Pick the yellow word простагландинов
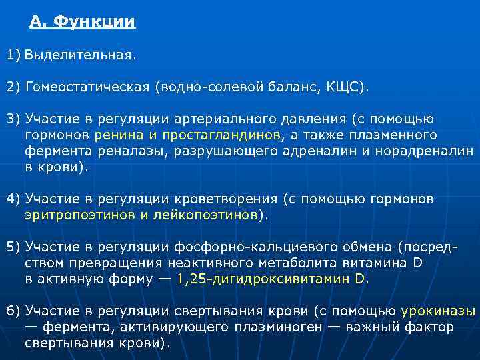tap(225, 135)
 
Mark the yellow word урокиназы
tap(438, 311)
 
